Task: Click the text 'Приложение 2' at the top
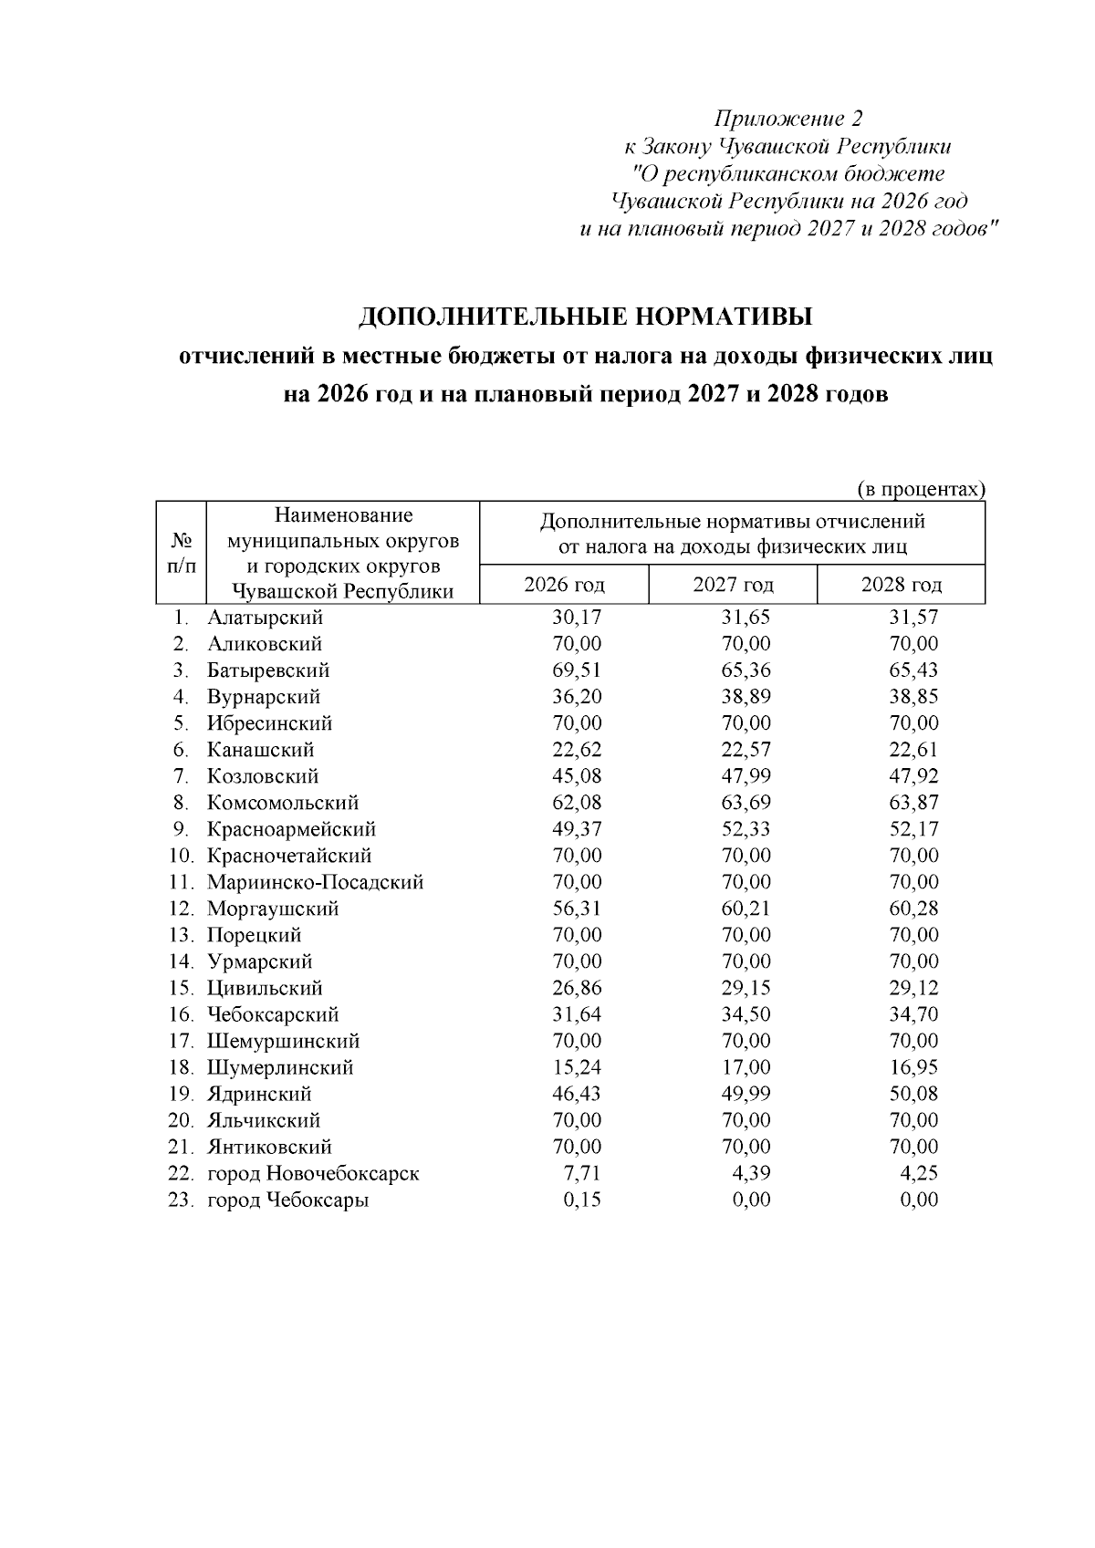tap(788, 119)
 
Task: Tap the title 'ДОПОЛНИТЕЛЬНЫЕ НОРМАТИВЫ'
tap(585, 317)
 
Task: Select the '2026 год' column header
tap(564, 585)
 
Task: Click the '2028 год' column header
tap(901, 585)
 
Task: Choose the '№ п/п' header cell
tap(181, 553)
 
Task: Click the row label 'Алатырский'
tap(265, 618)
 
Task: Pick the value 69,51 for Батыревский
tap(577, 670)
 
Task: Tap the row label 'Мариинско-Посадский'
tap(315, 882)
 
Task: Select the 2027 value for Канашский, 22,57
tap(746, 750)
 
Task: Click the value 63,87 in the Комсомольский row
tap(913, 803)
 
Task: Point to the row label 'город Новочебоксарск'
tap(313, 1173)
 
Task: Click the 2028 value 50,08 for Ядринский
tap(913, 1094)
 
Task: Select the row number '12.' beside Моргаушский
tap(182, 909)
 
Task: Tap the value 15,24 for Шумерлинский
tap(577, 1067)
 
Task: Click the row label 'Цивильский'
tap(265, 988)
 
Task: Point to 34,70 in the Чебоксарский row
tap(913, 1014)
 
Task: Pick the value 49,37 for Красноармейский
tap(577, 829)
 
